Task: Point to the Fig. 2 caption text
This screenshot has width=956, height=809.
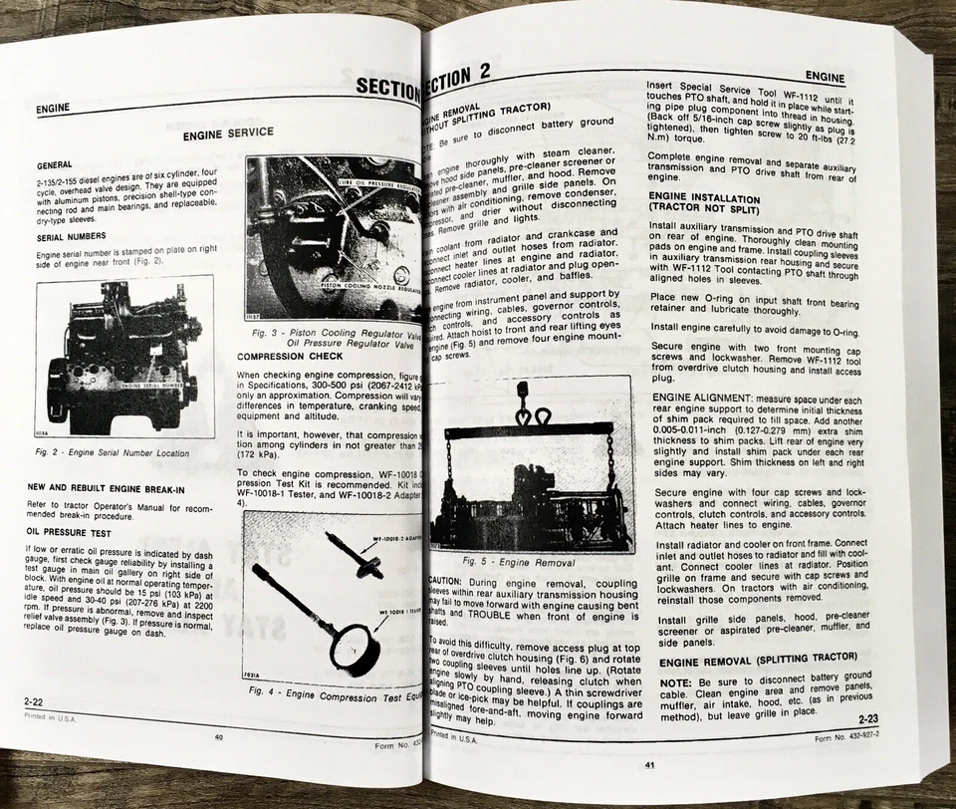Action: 111,452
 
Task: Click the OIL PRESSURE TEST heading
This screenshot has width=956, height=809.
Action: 70,532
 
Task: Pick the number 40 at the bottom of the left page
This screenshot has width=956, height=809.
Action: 218,738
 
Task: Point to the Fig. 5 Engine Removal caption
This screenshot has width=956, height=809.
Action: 526,562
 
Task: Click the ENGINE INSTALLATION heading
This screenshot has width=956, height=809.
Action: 704,205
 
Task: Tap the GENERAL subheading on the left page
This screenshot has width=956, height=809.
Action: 54,165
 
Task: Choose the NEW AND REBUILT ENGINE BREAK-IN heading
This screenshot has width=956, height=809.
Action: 106,489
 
